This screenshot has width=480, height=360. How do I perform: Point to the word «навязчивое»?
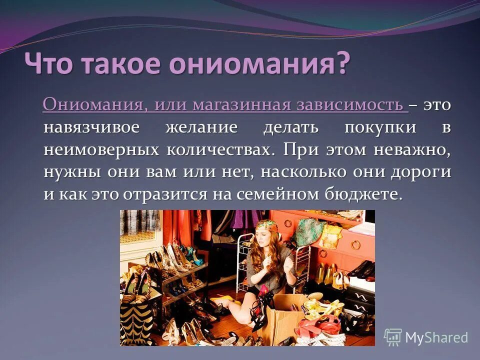pyautogui.click(x=91, y=127)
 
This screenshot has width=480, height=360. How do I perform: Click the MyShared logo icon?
pyautogui.click(x=393, y=337)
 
